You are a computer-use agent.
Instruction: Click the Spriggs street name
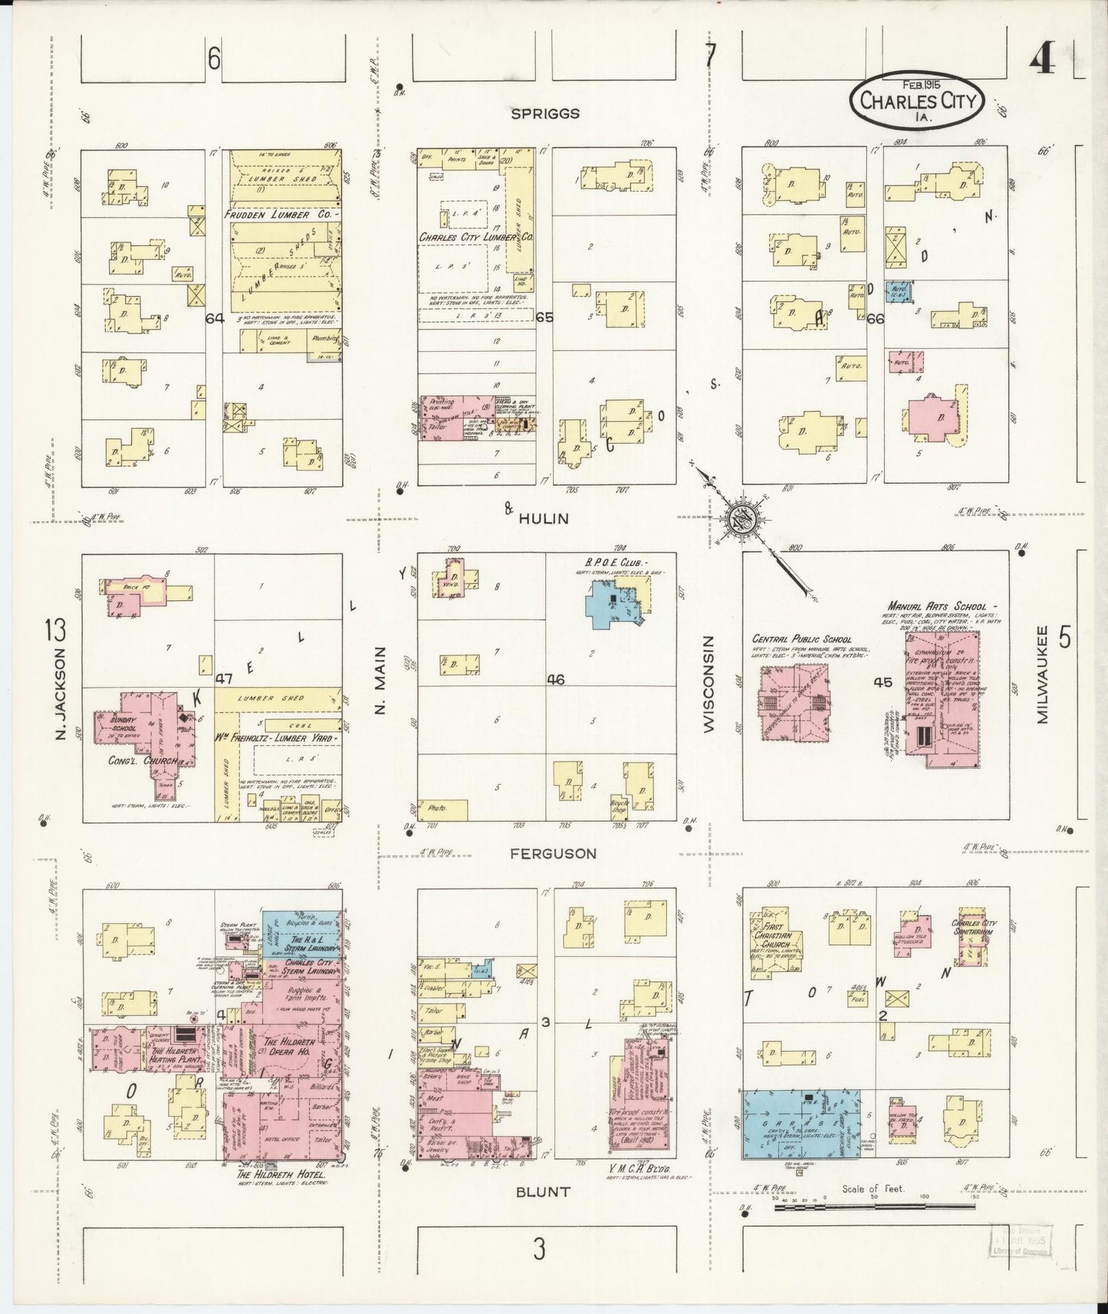545,113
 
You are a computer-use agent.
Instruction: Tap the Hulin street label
544,518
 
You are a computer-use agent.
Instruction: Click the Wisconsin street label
708,683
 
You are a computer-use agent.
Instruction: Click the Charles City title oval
918,101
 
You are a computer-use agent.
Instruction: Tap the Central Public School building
795,701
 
